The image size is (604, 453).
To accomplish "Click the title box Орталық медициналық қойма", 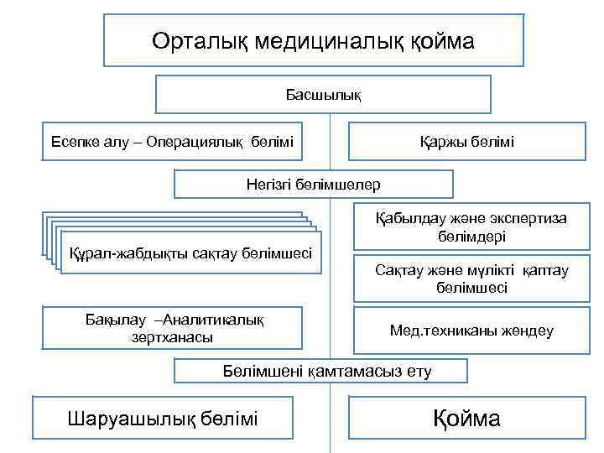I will tap(313, 40).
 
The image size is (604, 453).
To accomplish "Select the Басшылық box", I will tap(323, 94).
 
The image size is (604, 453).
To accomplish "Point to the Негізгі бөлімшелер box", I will tap(313, 184).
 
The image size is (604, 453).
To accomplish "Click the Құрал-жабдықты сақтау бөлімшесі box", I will tap(191, 253).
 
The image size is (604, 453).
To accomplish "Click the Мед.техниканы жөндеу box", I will tap(471, 331).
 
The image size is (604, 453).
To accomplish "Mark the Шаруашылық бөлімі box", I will tap(163, 418).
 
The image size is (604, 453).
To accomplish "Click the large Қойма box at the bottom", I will tap(466, 418).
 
